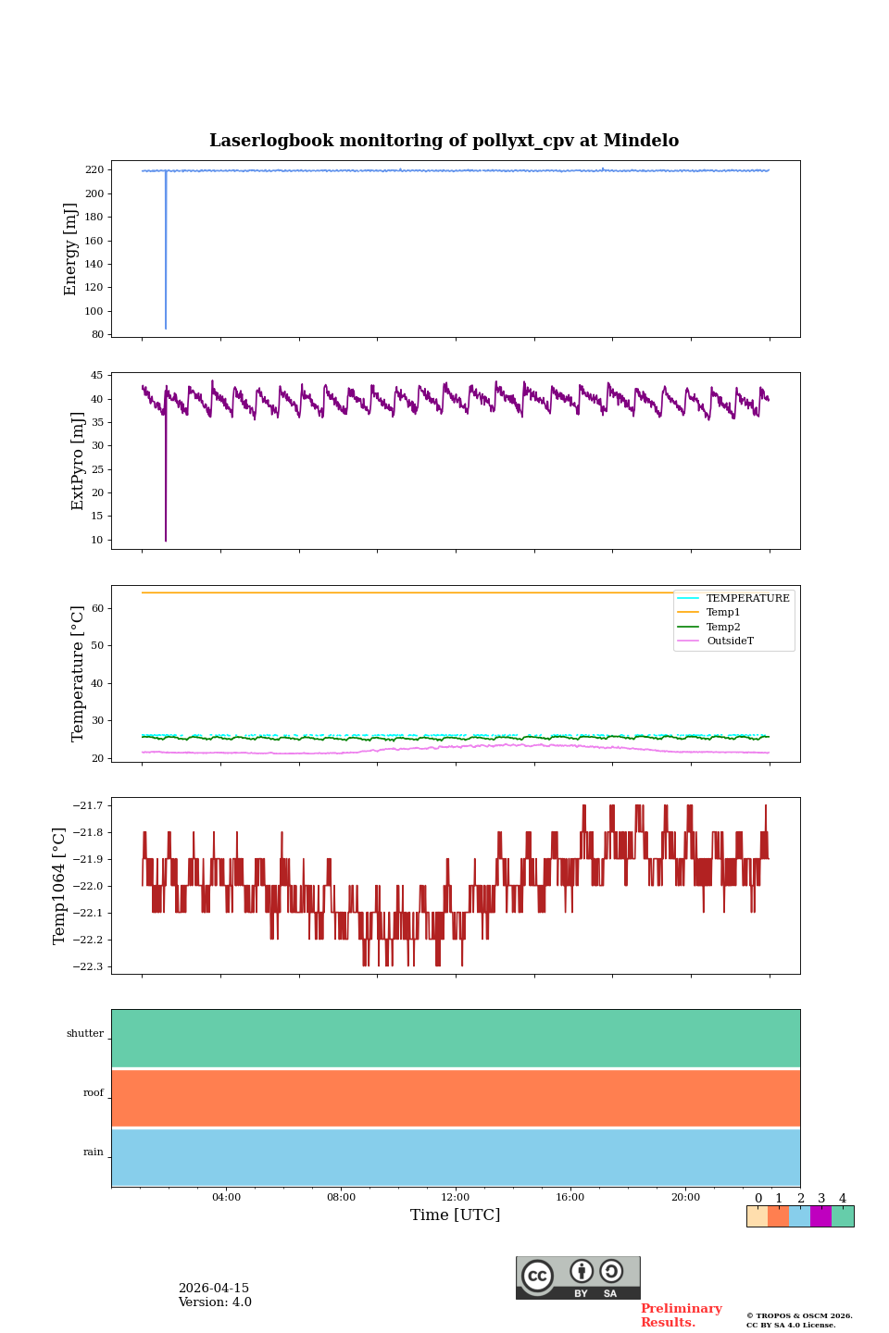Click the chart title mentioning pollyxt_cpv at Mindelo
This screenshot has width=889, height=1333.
click(444, 141)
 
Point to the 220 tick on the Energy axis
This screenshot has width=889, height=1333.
click(94, 170)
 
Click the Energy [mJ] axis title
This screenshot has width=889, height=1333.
click(70, 249)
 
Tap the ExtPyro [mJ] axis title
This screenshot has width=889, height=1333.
click(78, 461)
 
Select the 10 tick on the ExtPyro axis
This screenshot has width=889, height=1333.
click(96, 540)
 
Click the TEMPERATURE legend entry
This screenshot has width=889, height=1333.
click(747, 598)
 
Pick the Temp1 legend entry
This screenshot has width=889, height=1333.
click(723, 612)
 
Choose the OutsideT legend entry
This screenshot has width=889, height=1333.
click(730, 641)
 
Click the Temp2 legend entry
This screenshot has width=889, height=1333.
click(723, 627)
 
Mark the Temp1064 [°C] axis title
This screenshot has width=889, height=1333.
click(59, 886)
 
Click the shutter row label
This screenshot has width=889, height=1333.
click(85, 1033)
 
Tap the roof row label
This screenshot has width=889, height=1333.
click(94, 1092)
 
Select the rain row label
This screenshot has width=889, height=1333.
click(94, 1152)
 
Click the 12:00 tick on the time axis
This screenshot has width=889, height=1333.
click(456, 1197)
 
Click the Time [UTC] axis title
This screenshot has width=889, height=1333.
click(456, 1215)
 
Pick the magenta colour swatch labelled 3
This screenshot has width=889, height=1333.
click(820, 1216)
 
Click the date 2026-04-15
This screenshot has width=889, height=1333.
click(214, 1289)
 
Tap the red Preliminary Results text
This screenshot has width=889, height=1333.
click(681, 1315)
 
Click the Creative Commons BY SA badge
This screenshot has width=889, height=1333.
click(578, 1277)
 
